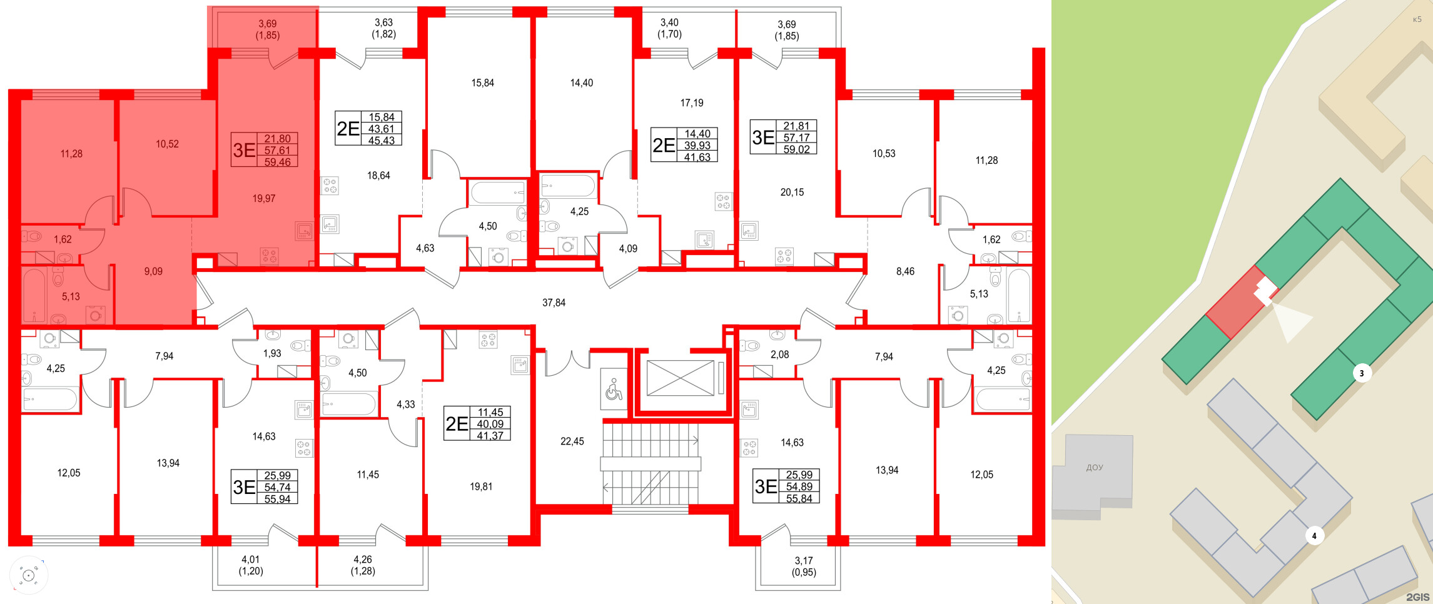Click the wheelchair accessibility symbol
(x=614, y=389)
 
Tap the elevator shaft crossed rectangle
(x=680, y=378)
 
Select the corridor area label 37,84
(x=554, y=303)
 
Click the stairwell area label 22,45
(x=572, y=441)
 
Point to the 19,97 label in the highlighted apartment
(x=263, y=199)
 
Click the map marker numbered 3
(x=1362, y=374)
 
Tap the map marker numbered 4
(x=1314, y=536)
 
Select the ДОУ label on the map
(x=1095, y=468)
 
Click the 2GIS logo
(x=1417, y=597)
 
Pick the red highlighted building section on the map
(x=1235, y=305)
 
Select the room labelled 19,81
(x=481, y=486)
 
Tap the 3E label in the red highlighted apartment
(x=244, y=150)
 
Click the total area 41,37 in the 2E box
(x=490, y=436)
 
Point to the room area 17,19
(x=691, y=103)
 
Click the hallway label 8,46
(x=904, y=271)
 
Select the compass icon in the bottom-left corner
(x=28, y=575)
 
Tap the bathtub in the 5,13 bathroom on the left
(x=34, y=294)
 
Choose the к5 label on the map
(x=1417, y=19)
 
